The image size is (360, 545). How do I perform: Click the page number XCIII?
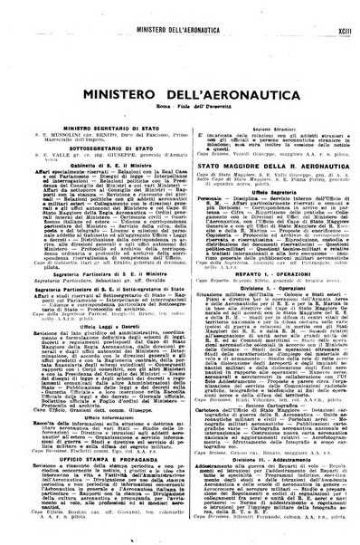(336, 11)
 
